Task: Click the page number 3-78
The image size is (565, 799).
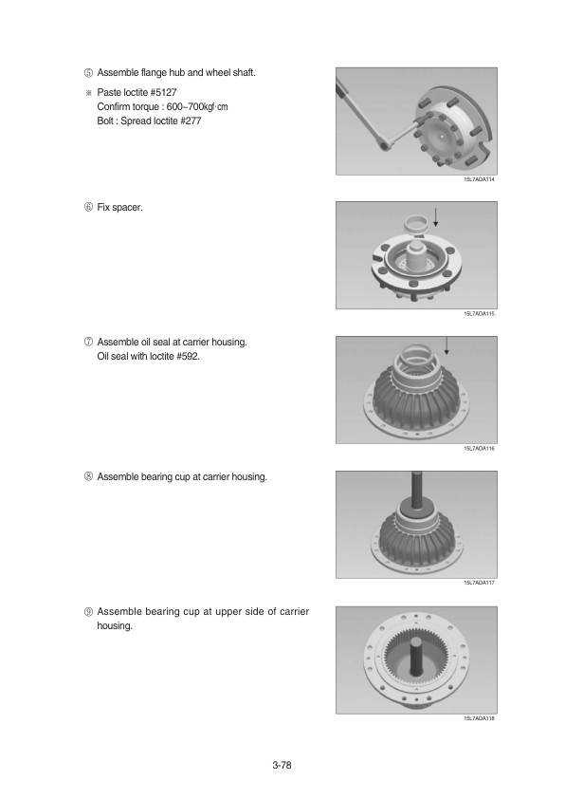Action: (x=282, y=765)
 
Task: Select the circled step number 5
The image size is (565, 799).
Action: (x=88, y=73)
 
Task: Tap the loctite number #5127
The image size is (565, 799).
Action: (x=163, y=92)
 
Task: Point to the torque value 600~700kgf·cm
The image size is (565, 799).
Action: (x=197, y=106)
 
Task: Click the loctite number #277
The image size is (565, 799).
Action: (x=191, y=121)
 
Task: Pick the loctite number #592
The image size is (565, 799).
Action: (x=189, y=356)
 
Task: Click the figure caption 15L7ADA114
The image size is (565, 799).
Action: (x=479, y=179)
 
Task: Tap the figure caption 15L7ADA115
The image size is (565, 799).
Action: (x=479, y=314)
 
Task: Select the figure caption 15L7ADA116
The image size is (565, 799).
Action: (x=479, y=449)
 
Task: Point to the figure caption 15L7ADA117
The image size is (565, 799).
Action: (x=479, y=583)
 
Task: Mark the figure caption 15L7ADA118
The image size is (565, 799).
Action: (x=479, y=718)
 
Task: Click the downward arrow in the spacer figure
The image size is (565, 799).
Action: (x=436, y=216)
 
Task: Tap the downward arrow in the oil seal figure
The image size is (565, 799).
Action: (x=447, y=345)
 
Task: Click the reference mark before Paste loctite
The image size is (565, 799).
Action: (x=88, y=93)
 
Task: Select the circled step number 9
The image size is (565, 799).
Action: (x=88, y=611)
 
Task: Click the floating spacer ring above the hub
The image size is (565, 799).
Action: (x=416, y=224)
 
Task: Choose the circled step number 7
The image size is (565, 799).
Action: (x=88, y=342)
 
